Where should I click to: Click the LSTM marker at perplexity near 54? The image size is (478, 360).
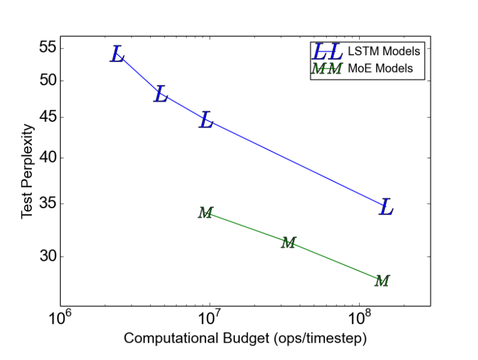tap(117, 55)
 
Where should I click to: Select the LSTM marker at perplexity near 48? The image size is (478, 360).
tap(160, 94)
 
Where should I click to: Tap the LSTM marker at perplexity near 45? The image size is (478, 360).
tap(206, 120)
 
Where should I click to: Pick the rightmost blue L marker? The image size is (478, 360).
tap(386, 207)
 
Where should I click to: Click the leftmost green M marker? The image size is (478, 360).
tap(206, 212)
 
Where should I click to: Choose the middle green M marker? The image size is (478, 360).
tap(289, 242)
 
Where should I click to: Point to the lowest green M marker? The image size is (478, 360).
tap(383, 280)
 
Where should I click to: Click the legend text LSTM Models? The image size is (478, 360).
tap(384, 51)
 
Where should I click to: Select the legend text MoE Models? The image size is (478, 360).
tap(380, 68)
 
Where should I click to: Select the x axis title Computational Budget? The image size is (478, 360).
tap(245, 338)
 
